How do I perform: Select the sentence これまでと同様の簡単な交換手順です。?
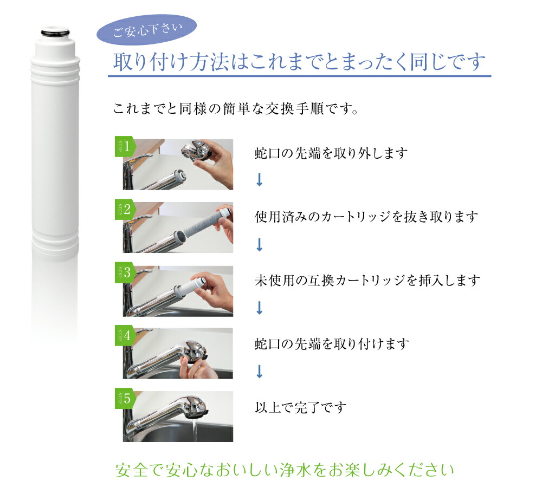tap(235, 108)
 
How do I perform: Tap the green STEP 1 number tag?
tap(124, 147)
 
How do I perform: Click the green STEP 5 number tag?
tap(124, 400)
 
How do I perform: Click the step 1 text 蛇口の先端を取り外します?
tap(331, 153)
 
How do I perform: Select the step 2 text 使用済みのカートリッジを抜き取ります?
tap(367, 217)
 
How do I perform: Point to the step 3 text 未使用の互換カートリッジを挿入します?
tap(367, 280)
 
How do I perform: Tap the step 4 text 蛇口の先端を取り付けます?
tap(331, 343)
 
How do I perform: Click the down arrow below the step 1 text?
tap(259, 180)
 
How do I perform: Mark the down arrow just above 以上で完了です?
tap(259, 371)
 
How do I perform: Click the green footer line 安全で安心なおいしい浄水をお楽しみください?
tap(285, 469)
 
